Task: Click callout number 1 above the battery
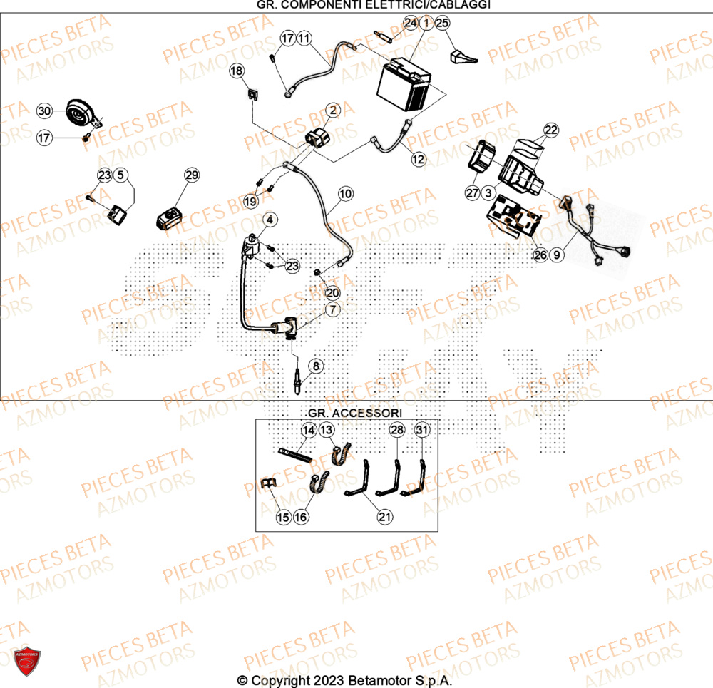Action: click(426, 24)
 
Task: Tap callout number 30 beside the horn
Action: click(45, 111)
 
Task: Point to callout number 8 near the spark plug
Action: click(317, 366)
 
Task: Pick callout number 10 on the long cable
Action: click(345, 193)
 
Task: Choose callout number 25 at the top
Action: click(442, 24)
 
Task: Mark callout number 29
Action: click(192, 175)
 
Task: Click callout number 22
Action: click(552, 130)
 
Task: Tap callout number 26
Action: click(540, 254)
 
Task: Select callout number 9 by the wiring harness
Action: click(558, 254)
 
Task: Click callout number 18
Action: click(237, 71)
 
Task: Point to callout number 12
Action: click(419, 160)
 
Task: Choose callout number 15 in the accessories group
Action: click(283, 518)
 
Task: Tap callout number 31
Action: click(422, 430)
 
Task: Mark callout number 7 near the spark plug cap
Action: click(333, 309)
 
